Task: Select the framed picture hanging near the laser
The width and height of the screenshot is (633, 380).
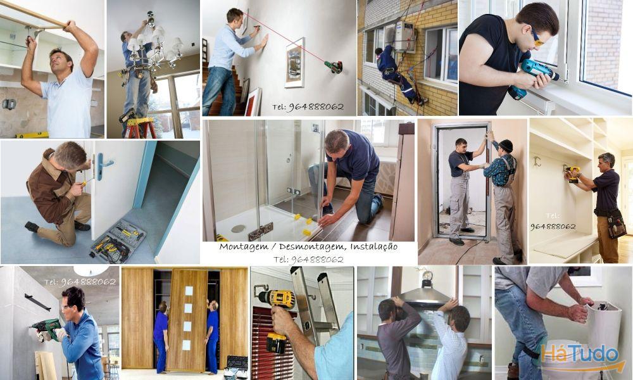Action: [x=294, y=62]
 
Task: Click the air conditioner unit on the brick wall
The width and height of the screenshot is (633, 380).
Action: [x=404, y=36]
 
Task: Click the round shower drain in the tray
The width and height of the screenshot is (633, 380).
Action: [x=238, y=228]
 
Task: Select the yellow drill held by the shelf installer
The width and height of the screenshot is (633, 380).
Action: [x=573, y=172]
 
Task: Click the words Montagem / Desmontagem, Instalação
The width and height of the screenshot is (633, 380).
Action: [x=308, y=246]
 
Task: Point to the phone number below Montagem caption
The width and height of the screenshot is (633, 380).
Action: [x=308, y=259]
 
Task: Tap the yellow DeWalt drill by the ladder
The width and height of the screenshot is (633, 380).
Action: [x=277, y=317]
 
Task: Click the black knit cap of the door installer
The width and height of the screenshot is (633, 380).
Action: [x=505, y=145]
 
